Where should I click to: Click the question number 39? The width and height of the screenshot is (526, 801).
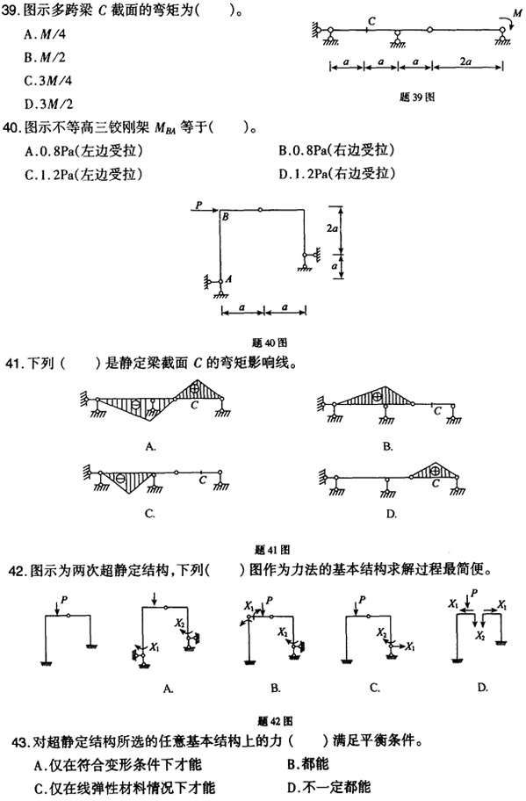coord(10,11)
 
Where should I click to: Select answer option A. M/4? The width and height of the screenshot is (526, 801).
coord(45,35)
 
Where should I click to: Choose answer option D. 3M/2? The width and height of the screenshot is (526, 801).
coord(49,105)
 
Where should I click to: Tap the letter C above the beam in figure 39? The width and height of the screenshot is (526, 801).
coord(371,21)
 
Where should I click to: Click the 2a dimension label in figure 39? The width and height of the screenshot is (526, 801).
coord(465,61)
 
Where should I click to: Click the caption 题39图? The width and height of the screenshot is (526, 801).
coord(417,97)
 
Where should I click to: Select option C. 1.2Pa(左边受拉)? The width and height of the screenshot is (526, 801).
coord(83,175)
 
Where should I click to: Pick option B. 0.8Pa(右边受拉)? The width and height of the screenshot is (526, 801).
coord(336,151)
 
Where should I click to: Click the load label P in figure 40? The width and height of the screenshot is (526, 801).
coord(198,205)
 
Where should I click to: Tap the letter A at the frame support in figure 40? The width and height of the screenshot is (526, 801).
coord(228,279)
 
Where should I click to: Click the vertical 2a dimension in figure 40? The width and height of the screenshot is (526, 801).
coord(333,228)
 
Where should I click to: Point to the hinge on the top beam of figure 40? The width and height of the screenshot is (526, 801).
coord(260,209)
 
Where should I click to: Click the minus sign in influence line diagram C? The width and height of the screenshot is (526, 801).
coord(120,479)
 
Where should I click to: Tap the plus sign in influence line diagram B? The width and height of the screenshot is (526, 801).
coord(377,395)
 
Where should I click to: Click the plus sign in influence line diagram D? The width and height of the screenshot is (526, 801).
coord(435,470)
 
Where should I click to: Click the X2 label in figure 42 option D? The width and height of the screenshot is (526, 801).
coord(479,636)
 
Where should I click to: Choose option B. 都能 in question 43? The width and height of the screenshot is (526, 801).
coord(308,764)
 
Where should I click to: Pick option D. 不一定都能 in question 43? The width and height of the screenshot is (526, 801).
coord(329,787)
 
